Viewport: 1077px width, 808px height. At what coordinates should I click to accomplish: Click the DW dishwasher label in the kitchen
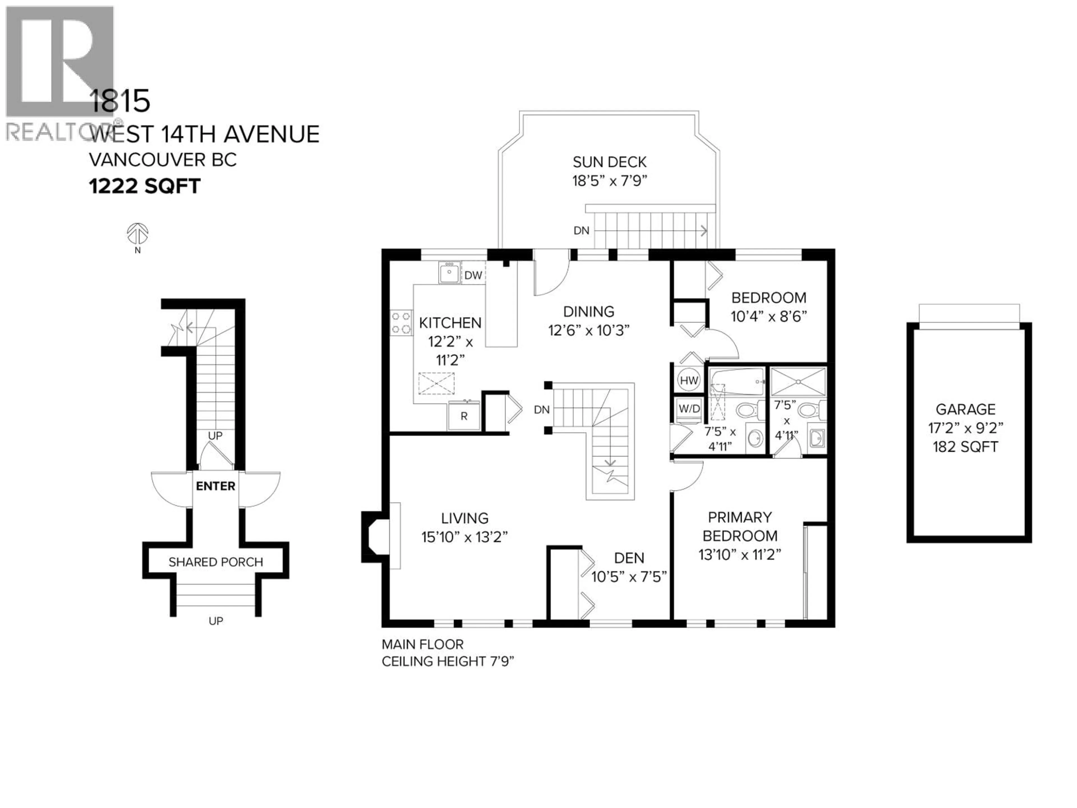473,275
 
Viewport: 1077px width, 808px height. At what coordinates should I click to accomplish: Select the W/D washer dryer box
689,408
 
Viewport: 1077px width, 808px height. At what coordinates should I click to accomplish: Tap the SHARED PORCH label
216,562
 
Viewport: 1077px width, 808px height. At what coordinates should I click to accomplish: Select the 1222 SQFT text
145,186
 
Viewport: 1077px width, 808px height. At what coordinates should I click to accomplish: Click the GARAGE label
965,409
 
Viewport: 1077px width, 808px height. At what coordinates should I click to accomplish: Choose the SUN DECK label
609,162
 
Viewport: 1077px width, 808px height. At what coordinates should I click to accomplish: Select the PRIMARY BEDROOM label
740,527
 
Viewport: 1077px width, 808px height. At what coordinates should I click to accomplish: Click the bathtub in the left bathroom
737,383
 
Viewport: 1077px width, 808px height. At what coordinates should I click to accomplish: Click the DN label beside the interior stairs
541,410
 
